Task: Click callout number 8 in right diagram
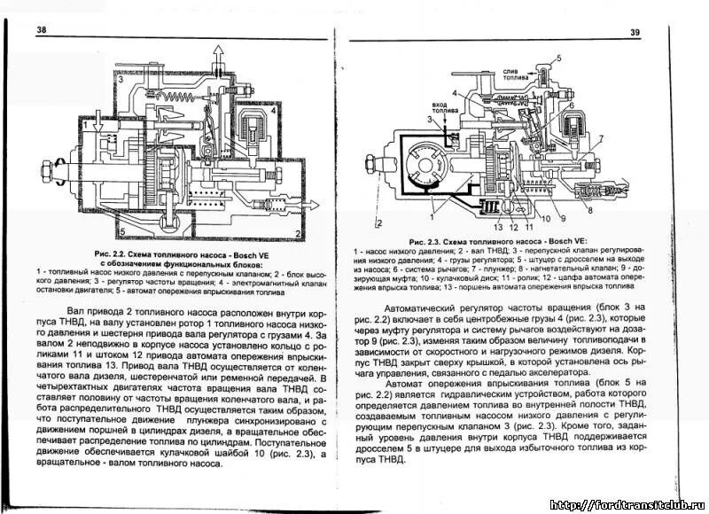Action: coord(588,214)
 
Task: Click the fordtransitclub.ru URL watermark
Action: coord(626,504)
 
